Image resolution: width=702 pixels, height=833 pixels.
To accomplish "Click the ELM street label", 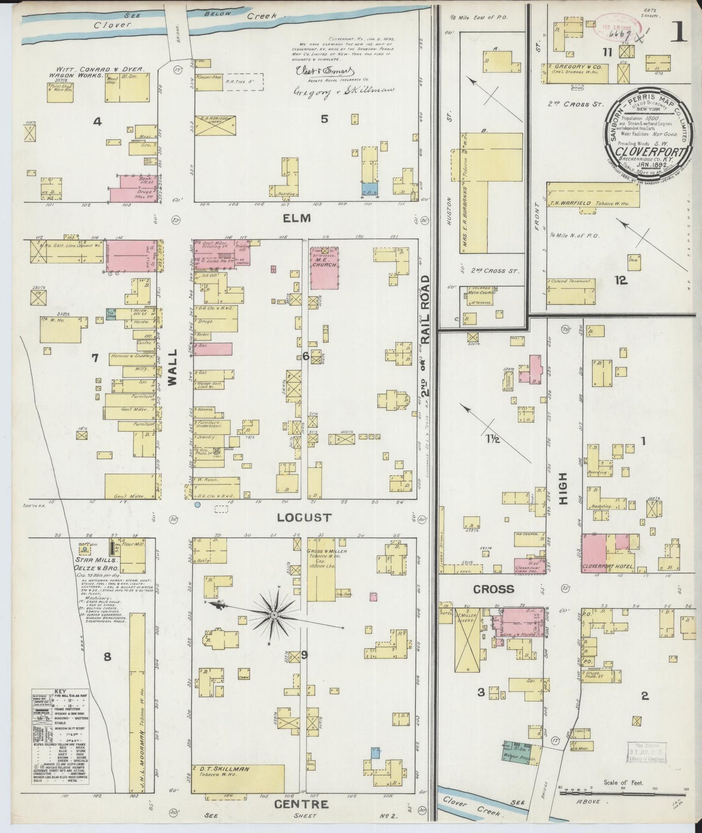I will [297, 219].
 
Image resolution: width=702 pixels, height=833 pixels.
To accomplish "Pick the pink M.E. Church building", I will [324, 268].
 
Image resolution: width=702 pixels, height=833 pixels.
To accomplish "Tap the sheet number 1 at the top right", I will [679, 33].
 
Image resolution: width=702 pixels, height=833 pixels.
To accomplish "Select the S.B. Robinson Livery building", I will [215, 125].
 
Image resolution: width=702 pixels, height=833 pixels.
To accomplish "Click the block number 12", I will [621, 280].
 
